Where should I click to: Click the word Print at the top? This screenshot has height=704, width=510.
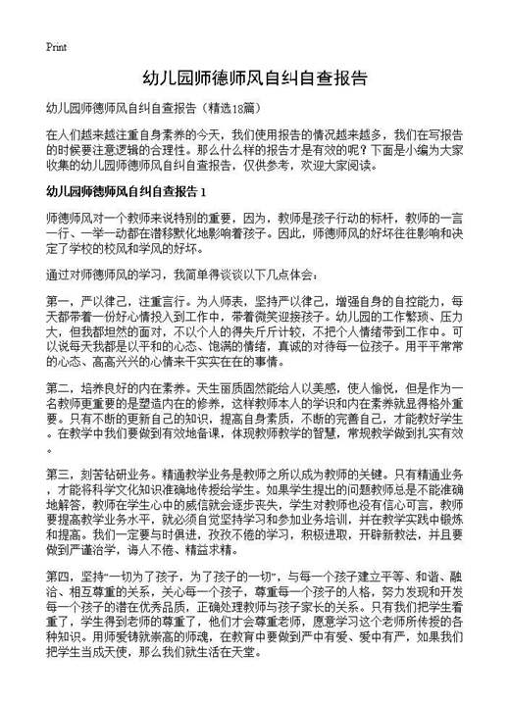click(x=56, y=46)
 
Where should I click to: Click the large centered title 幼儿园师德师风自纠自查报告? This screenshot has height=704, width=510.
click(x=255, y=77)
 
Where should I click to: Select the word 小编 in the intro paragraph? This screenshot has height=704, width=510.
click(x=421, y=150)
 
